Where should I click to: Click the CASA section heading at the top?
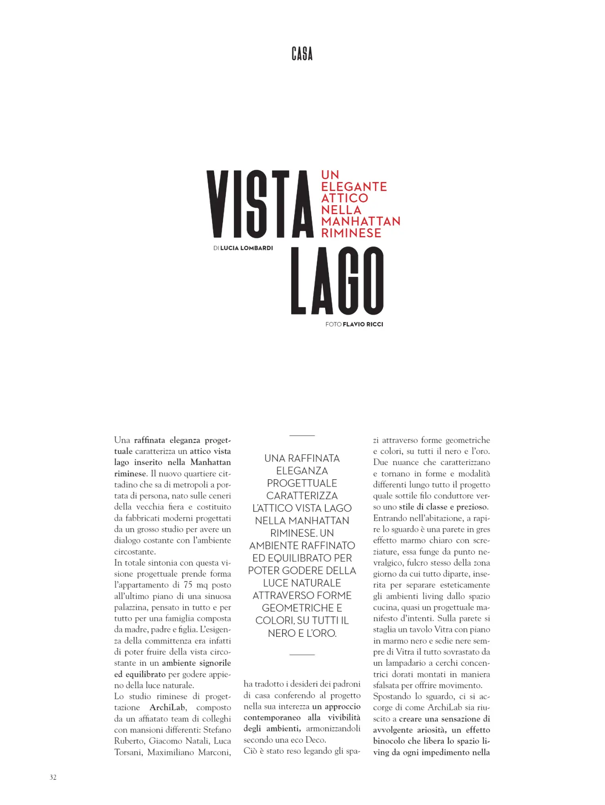tap(302, 54)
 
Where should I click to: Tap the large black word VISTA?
tap(260, 204)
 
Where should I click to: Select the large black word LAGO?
tap(337, 281)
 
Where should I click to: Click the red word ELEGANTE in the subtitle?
tap(354, 187)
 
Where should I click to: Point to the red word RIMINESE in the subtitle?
tap(351, 233)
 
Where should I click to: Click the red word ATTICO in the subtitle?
tap(344, 198)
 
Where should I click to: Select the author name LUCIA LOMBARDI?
tap(246, 248)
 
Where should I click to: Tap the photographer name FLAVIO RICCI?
tap(363, 324)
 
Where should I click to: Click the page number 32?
tap(53, 777)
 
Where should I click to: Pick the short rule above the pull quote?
tap(302, 435)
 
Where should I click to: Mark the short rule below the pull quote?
tap(302, 654)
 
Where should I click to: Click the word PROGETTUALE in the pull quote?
tap(302, 483)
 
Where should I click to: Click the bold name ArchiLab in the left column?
tap(167, 707)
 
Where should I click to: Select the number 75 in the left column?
tap(188, 585)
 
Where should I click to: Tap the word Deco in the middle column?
tap(315, 740)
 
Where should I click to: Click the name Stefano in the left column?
tap(217, 730)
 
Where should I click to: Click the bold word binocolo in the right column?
tap(391, 741)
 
